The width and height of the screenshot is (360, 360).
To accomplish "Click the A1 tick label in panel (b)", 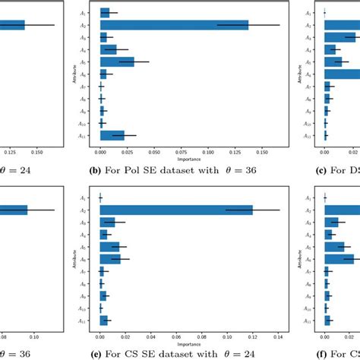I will tap(92, 13).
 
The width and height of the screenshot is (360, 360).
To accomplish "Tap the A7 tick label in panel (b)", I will tap(92, 87).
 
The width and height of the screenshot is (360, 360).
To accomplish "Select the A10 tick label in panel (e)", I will tap(91, 308).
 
